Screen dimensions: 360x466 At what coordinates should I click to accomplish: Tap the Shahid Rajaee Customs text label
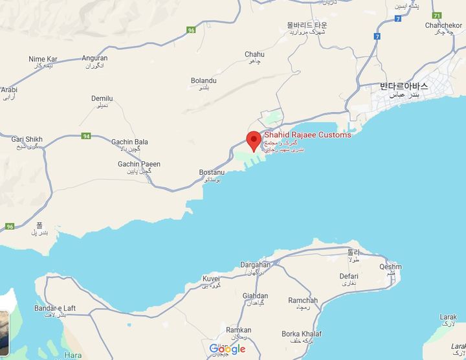[307, 135]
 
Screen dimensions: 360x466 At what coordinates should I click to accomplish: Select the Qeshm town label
[390, 267]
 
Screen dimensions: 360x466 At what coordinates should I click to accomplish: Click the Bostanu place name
[212, 173]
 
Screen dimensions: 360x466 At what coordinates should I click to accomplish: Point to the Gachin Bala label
[129, 142]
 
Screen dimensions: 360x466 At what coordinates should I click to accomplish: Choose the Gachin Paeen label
[139, 164]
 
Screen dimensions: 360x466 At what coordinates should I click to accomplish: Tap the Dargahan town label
[255, 265]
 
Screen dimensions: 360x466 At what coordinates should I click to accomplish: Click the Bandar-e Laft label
[55, 308]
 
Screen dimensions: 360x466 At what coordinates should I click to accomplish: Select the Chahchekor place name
[443, 25]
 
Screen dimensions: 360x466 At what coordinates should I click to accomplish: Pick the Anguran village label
[94, 58]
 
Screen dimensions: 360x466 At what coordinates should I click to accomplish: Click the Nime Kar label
[43, 60]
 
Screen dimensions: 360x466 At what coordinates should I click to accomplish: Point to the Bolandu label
[203, 80]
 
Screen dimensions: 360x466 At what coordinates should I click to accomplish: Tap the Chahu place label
[254, 54]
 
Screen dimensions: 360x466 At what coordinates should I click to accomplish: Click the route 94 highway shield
[86, 136]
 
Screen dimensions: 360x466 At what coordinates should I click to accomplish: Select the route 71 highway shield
[437, 15]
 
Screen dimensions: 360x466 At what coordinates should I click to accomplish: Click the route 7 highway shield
[376, 36]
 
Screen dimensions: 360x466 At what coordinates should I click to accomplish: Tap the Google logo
[227, 349]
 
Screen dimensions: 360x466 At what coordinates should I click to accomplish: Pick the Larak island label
[448, 317]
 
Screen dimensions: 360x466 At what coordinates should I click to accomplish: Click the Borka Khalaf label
[302, 334]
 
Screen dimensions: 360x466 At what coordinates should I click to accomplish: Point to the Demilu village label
[102, 99]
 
